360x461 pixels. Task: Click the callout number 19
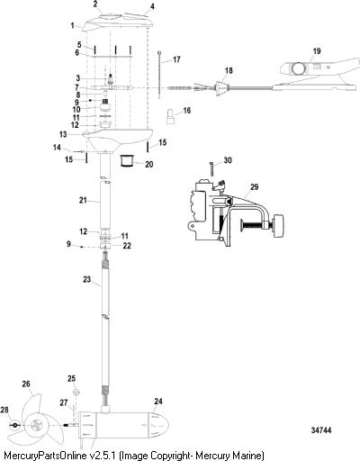[317, 51]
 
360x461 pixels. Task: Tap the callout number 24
[158, 401]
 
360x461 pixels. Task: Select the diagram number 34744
[321, 430]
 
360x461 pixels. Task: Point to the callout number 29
[254, 187]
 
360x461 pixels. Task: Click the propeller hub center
[36, 425]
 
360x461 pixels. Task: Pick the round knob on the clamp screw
[278, 225]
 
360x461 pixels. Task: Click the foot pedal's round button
[298, 68]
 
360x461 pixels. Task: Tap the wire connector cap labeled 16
[171, 116]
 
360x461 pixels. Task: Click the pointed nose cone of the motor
[159, 425]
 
